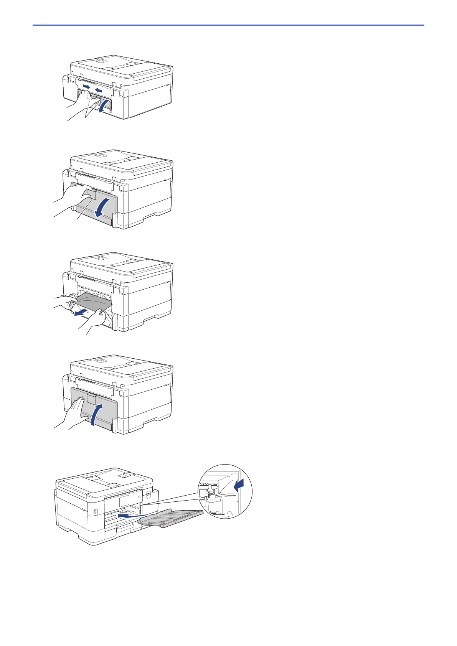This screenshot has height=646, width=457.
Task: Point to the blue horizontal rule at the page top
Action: pos(228,25)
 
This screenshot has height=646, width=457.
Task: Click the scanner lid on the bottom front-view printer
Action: pos(104,480)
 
